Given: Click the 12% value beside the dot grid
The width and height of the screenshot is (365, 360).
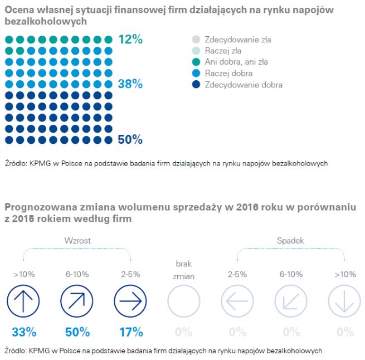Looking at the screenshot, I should coord(130,40).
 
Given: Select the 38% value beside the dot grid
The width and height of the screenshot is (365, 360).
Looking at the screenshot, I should coord(130,84).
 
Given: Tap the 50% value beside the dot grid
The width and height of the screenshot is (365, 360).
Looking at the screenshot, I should coord(130,139).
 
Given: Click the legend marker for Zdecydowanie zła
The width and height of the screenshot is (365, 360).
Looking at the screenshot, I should coord(195,40).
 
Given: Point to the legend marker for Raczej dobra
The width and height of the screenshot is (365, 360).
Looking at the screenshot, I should coord(195,74).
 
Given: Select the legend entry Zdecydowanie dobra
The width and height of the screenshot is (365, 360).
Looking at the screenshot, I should coord(244,85).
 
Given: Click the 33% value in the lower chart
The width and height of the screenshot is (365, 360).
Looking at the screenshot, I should coord(23,332).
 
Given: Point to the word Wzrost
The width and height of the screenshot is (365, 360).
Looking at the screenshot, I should coord(77,241).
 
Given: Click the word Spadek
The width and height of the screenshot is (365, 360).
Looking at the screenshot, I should coord(290,241).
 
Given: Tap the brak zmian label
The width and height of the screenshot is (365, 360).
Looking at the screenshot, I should coord(184,269).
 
